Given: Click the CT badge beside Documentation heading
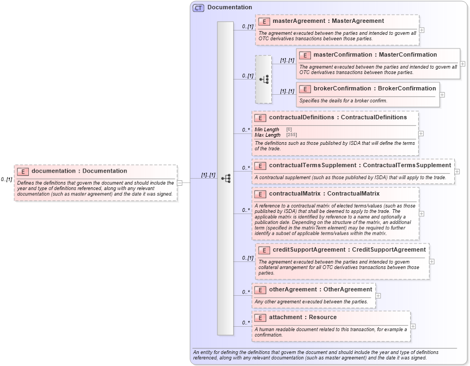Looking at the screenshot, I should (198, 8).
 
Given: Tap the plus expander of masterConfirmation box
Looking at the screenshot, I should (462, 64).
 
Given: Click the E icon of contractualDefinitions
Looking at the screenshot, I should (260, 118).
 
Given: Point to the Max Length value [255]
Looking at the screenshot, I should (291, 135).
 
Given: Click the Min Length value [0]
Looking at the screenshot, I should (289, 130).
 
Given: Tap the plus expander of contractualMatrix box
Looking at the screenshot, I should (422, 213).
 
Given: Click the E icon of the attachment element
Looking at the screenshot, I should (260, 318).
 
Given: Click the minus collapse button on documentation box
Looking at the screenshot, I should (179, 183).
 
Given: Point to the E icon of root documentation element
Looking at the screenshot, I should (22, 172).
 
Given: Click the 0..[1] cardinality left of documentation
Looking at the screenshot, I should (7, 179).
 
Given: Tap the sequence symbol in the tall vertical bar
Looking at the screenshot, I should (225, 179).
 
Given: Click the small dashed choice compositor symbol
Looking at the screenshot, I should (264, 80).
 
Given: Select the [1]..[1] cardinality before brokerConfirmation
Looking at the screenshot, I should (287, 91).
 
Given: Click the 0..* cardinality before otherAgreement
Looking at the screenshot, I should (246, 292).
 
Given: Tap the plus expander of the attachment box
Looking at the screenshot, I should (413, 326).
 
